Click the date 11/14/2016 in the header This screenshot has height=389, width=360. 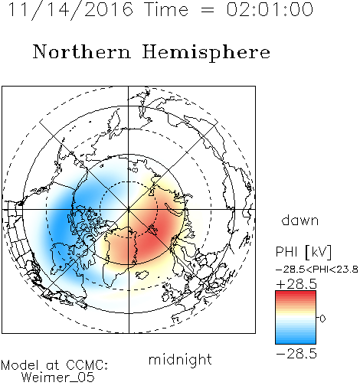[x=70, y=10]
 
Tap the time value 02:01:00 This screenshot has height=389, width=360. [x=270, y=9]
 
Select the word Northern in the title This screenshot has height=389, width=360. [x=82, y=51]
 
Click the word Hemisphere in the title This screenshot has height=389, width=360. [x=206, y=53]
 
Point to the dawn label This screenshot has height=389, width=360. [x=299, y=220]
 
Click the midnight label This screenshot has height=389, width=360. [x=180, y=359]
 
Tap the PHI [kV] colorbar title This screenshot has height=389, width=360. [x=303, y=252]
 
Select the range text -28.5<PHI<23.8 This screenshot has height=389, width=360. [x=317, y=270]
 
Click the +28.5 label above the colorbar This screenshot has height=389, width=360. [x=296, y=284]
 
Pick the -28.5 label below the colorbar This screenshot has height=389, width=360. [x=296, y=354]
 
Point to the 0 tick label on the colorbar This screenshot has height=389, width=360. [x=322, y=319]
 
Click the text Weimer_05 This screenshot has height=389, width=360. [x=58, y=378]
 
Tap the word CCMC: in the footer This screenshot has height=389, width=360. [x=87, y=365]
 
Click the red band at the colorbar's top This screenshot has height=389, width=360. [x=296, y=294]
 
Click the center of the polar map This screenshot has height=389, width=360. [x=129, y=210]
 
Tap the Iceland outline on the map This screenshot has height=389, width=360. [x=142, y=275]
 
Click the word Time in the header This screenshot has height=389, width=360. [x=166, y=9]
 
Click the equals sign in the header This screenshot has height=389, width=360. [x=208, y=11]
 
